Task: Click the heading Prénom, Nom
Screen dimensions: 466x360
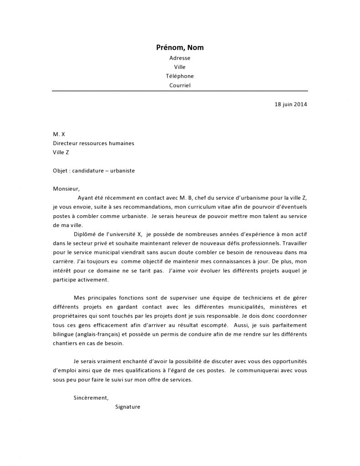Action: [180, 48]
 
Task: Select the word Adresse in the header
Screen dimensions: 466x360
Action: [180, 58]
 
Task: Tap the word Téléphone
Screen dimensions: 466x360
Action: [180, 76]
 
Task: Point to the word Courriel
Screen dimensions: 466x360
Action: [180, 85]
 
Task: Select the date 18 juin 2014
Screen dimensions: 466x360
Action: [291, 104]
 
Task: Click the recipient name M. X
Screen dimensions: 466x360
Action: [59, 134]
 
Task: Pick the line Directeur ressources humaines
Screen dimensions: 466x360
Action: [93, 143]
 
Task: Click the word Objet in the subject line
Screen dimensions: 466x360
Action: [61, 171]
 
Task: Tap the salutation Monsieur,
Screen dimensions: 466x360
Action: [66, 189]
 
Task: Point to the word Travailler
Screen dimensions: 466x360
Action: [291, 243]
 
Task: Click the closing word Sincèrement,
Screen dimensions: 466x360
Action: [91, 398]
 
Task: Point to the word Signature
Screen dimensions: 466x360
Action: [128, 407]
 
